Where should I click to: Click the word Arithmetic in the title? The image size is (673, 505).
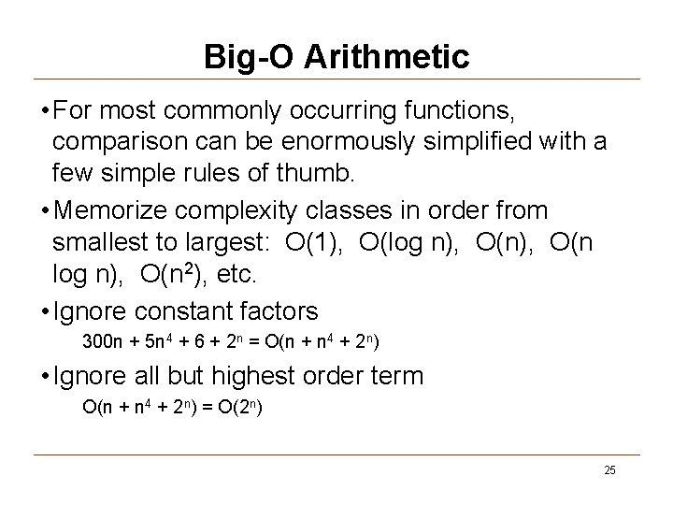[388, 56]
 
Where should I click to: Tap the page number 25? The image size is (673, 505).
[609, 469]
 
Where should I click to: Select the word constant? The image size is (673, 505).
[196, 310]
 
